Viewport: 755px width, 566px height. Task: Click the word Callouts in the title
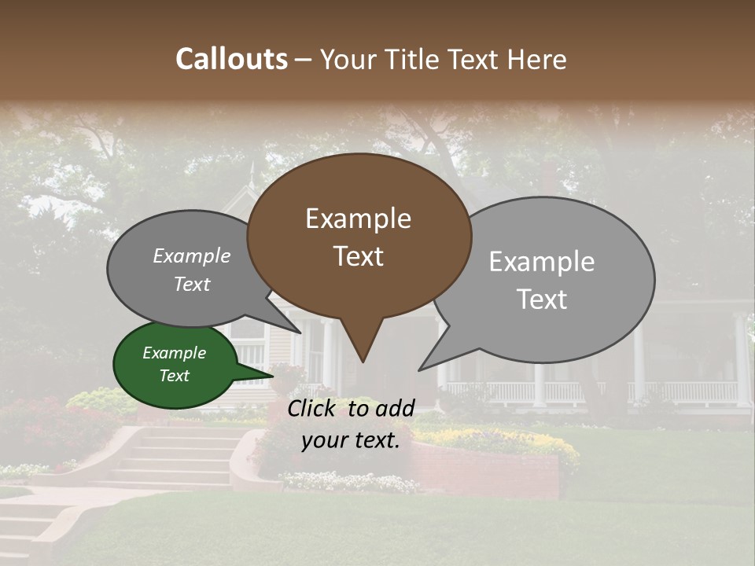(x=231, y=59)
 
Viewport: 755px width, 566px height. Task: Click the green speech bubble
(x=175, y=364)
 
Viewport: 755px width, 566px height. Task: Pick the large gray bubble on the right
(x=551, y=279)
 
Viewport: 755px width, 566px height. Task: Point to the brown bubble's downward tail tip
(x=363, y=361)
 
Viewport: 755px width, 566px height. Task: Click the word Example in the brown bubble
(x=358, y=219)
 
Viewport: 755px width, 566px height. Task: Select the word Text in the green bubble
(x=175, y=376)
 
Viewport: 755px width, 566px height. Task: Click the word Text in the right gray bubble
(x=542, y=300)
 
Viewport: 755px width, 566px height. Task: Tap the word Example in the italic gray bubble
(x=192, y=256)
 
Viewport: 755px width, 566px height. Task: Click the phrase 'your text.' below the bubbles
(x=351, y=440)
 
